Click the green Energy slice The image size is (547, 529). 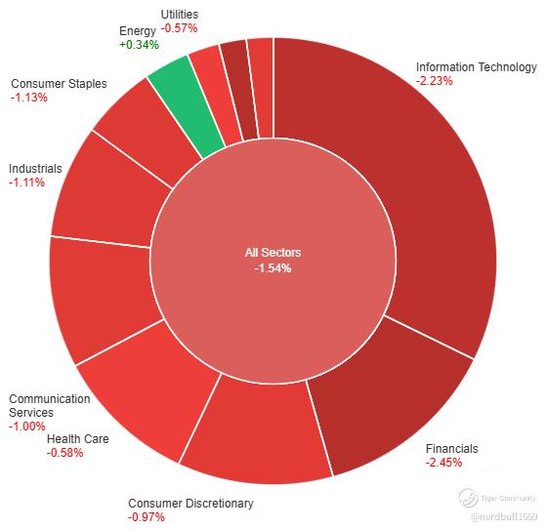tap(185, 104)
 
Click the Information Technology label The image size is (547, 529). tap(477, 67)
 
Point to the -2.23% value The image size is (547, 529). tap(434, 81)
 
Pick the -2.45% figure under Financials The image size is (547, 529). tap(443, 463)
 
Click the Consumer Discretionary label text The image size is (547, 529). tap(190, 504)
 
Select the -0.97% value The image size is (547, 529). tap(147, 517)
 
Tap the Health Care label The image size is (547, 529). tap(78, 439)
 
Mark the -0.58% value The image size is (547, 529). tap(64, 453)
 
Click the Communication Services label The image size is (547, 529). tap(50, 406)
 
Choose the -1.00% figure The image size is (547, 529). tap(27, 427)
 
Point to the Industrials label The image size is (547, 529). tap(35, 169)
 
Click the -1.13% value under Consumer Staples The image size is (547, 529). tap(29, 98)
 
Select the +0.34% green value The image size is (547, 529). tap(139, 45)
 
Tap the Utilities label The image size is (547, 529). tap(180, 15)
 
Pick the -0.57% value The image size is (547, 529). tap(179, 28)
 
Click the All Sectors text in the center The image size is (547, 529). tap(273, 253)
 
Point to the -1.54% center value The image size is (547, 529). tap(273, 268)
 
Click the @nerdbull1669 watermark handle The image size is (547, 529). tap(504, 516)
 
